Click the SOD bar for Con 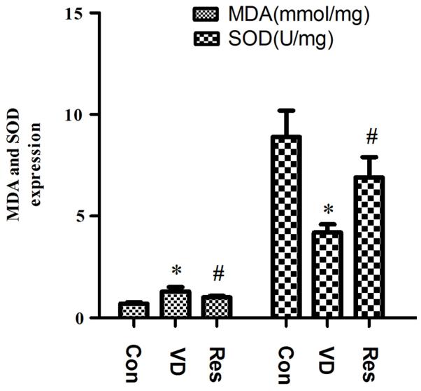point(286,227)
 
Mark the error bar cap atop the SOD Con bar point(286,110)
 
